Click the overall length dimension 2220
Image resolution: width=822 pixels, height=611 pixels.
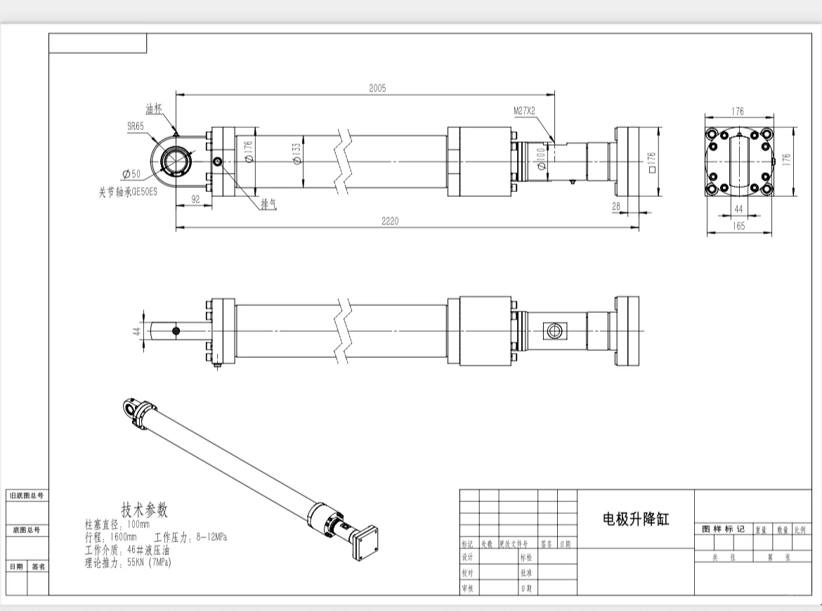coord(390,221)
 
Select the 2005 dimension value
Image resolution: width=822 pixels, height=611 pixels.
coord(377,88)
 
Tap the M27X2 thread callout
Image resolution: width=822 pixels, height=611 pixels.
coord(524,111)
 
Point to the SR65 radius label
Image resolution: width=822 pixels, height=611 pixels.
coord(136,127)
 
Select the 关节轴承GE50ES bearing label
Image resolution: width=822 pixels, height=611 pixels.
coord(128,191)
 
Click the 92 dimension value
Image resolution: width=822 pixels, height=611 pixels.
coord(196,200)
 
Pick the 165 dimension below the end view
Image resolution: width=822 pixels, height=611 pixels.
coord(738,226)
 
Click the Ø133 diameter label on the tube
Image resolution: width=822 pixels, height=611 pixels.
coord(296,153)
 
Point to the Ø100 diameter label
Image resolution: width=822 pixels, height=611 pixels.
coord(541,159)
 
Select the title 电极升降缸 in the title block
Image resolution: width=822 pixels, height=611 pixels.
coord(636,520)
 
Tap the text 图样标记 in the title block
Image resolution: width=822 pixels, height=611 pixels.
coord(723,529)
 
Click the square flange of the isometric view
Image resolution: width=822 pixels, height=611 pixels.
coord(369,545)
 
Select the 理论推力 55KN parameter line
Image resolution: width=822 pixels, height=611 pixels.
coord(128,562)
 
